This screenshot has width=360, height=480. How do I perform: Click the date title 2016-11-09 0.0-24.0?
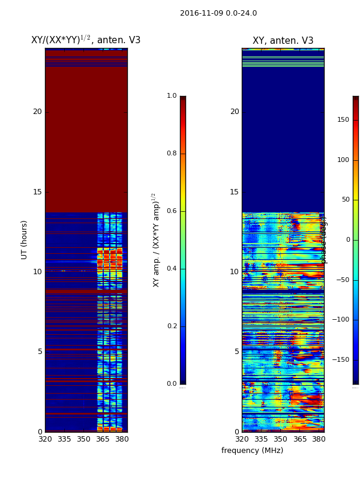(218, 13)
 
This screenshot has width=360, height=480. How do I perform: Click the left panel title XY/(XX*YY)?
(86, 40)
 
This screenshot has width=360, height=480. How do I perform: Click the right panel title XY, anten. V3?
(283, 41)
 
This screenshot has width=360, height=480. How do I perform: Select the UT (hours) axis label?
(25, 239)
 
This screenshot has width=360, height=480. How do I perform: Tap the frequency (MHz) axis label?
(252, 451)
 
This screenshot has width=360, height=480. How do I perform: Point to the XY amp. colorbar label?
(156, 239)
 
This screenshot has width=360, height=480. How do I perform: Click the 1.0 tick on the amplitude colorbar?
(172, 96)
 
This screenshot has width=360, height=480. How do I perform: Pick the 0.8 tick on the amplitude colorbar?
(172, 154)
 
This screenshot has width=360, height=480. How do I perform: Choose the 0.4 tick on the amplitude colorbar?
(172, 269)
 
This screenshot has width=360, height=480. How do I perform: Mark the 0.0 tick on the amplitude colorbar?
(172, 384)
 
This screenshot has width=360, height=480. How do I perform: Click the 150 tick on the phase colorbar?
(343, 120)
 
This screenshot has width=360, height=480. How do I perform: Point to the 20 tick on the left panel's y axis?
(37, 112)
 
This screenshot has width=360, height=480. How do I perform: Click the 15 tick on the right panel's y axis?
(234, 192)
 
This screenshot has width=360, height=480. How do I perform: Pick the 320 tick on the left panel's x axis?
(45, 439)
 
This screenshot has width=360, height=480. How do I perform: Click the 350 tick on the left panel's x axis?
(83, 439)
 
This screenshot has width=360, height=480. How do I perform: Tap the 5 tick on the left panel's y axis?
(40, 352)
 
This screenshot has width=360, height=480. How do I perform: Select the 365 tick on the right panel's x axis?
(300, 439)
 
